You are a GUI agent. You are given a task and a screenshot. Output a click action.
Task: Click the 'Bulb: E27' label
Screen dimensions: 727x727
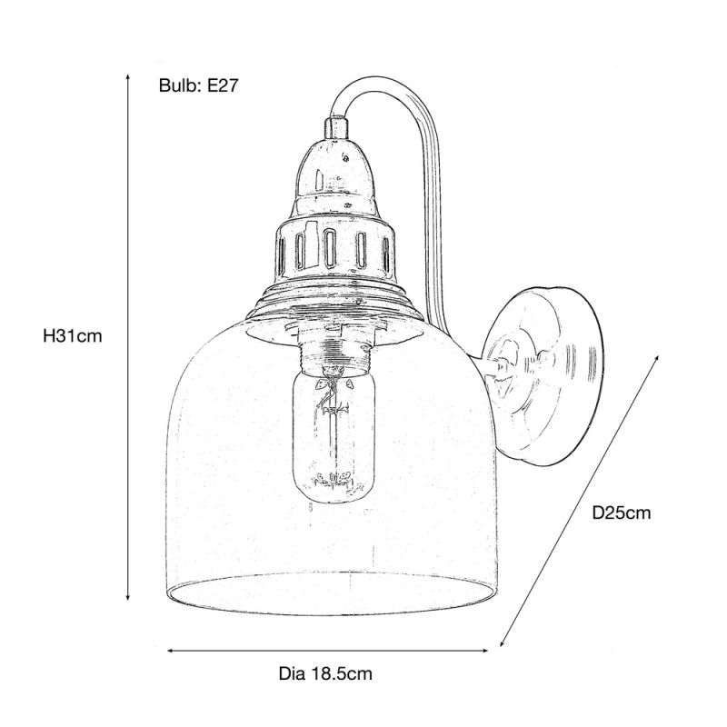pyautogui.click(x=197, y=86)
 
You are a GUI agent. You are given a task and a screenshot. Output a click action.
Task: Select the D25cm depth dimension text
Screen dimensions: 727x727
pyautogui.click(x=621, y=513)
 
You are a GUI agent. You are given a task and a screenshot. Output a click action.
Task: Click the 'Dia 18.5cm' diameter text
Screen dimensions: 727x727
pyautogui.click(x=324, y=673)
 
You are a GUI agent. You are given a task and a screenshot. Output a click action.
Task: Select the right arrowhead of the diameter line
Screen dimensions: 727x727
pyautogui.click(x=495, y=649)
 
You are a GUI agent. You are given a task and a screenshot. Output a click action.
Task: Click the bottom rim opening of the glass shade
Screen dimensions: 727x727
pyautogui.click(x=332, y=595)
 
